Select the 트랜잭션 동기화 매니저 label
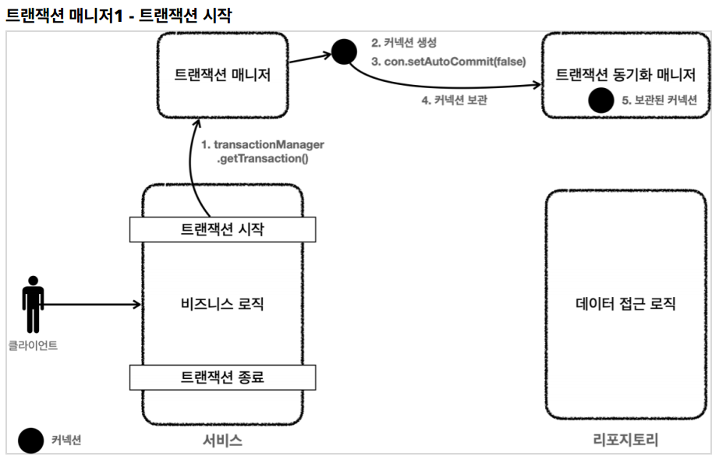point(625,75)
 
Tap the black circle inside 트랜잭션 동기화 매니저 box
point(600,100)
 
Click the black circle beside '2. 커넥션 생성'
point(344,51)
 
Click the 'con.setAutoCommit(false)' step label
point(448,62)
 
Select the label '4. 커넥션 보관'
point(455,100)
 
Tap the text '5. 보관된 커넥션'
point(660,101)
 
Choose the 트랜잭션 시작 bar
point(222,228)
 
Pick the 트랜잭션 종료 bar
point(222,377)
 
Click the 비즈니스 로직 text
point(222,304)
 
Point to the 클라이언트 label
point(33,345)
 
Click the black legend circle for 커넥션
point(31,441)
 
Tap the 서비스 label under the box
point(222,441)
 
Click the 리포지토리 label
point(625,441)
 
